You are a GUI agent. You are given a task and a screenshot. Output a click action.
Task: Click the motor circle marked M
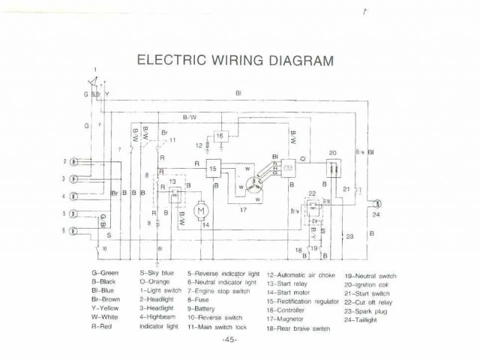(x=200, y=211)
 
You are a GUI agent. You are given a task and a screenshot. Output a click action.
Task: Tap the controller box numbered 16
(x=220, y=136)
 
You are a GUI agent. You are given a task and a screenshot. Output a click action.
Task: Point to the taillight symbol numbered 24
(x=378, y=202)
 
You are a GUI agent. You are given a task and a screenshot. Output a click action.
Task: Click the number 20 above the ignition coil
(x=331, y=153)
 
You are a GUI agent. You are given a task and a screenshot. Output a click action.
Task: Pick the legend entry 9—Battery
(x=205, y=308)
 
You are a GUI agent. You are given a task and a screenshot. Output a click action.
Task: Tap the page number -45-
(x=229, y=340)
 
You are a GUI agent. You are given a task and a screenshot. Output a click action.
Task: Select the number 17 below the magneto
(x=243, y=210)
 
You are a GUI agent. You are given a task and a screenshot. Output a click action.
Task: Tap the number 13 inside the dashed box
(x=172, y=181)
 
